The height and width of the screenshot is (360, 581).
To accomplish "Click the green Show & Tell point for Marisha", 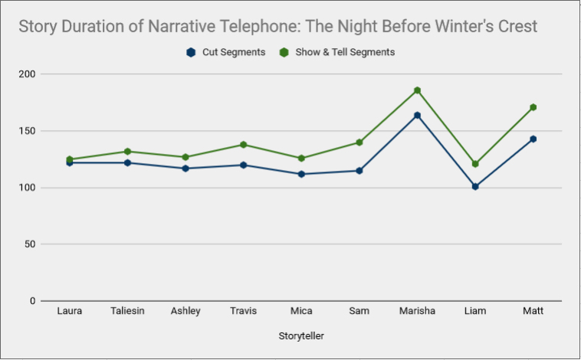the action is click(x=417, y=90).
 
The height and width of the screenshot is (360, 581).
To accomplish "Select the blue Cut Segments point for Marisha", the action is click(x=417, y=115).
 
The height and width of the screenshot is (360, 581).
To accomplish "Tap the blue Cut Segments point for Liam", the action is click(x=475, y=187).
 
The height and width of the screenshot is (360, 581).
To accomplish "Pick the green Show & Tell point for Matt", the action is click(x=533, y=107).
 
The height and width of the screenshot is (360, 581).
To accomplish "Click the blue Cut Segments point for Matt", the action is click(x=533, y=139).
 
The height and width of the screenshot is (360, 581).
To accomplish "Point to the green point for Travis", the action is click(x=244, y=145).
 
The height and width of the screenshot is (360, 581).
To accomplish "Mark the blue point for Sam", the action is click(x=359, y=171).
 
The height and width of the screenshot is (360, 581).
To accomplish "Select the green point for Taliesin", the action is click(x=127, y=152).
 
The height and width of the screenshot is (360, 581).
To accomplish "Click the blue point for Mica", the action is click(x=301, y=174).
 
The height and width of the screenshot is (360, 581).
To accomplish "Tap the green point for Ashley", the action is click(x=185, y=157).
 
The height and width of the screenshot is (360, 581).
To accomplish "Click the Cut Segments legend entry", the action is click(x=226, y=52).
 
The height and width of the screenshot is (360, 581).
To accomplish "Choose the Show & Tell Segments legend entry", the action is click(x=337, y=52).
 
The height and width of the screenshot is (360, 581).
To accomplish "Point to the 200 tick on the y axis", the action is click(x=27, y=74).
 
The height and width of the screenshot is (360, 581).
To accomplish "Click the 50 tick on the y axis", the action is click(x=30, y=244).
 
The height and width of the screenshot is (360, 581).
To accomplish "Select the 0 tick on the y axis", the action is click(x=33, y=301).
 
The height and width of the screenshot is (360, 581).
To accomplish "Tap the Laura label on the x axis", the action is click(x=69, y=311).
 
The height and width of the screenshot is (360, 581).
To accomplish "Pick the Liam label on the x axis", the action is click(x=475, y=311).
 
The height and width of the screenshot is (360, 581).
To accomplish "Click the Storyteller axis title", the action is click(x=301, y=336).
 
